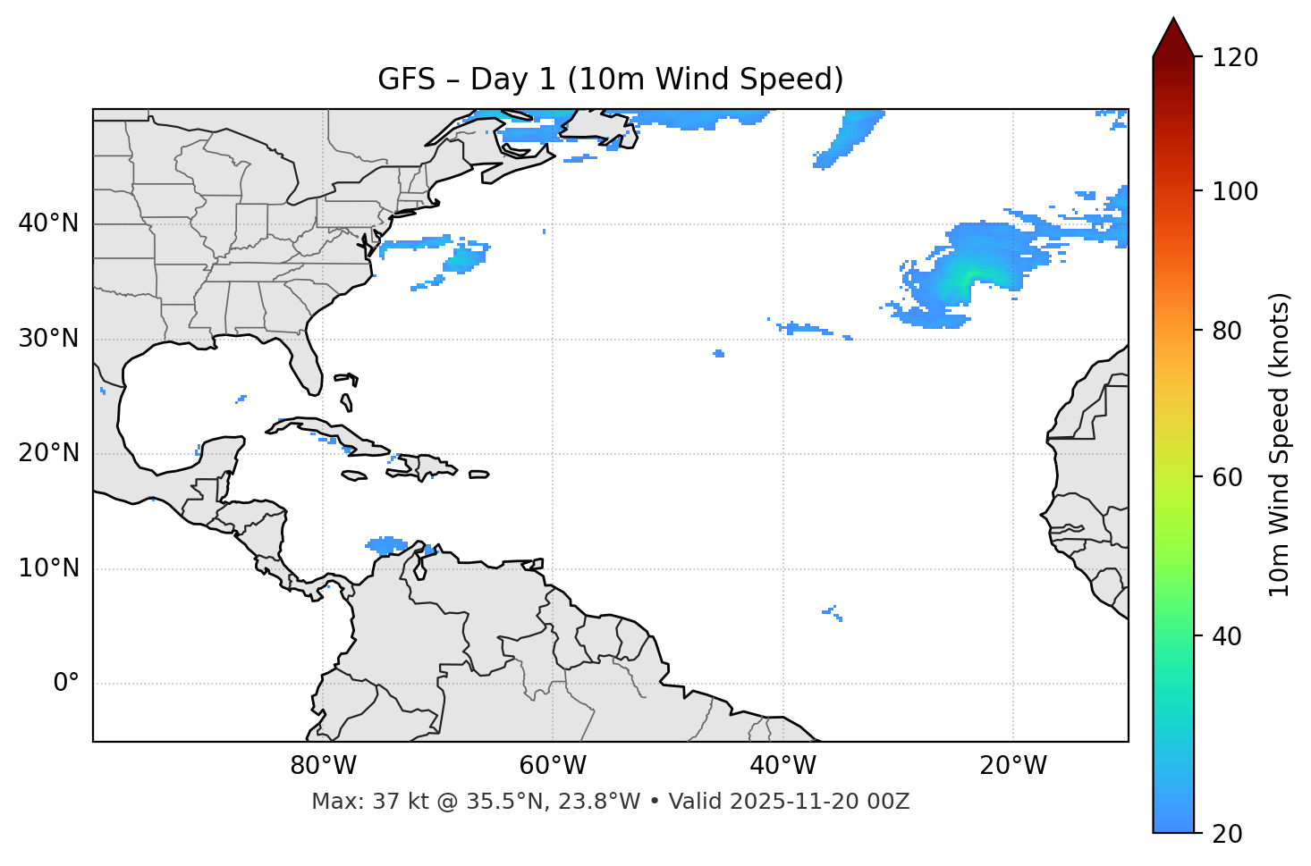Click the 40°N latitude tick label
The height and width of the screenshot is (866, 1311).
[48, 223]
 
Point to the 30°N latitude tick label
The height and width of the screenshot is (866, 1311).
[48, 339]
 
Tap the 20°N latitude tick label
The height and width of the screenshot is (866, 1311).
[48, 453]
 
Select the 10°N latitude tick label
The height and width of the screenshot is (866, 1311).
[48, 568]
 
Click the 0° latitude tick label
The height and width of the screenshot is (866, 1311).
[66, 684]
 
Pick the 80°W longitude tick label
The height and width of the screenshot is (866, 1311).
[323, 766]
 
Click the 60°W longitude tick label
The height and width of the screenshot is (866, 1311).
[553, 766]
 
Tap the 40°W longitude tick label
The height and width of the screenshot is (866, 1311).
[782, 766]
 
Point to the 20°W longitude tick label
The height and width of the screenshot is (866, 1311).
[1012, 766]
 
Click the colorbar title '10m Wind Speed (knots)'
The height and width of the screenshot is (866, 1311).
[1280, 444]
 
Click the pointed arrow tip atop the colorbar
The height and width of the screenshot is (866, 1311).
[1173, 21]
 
